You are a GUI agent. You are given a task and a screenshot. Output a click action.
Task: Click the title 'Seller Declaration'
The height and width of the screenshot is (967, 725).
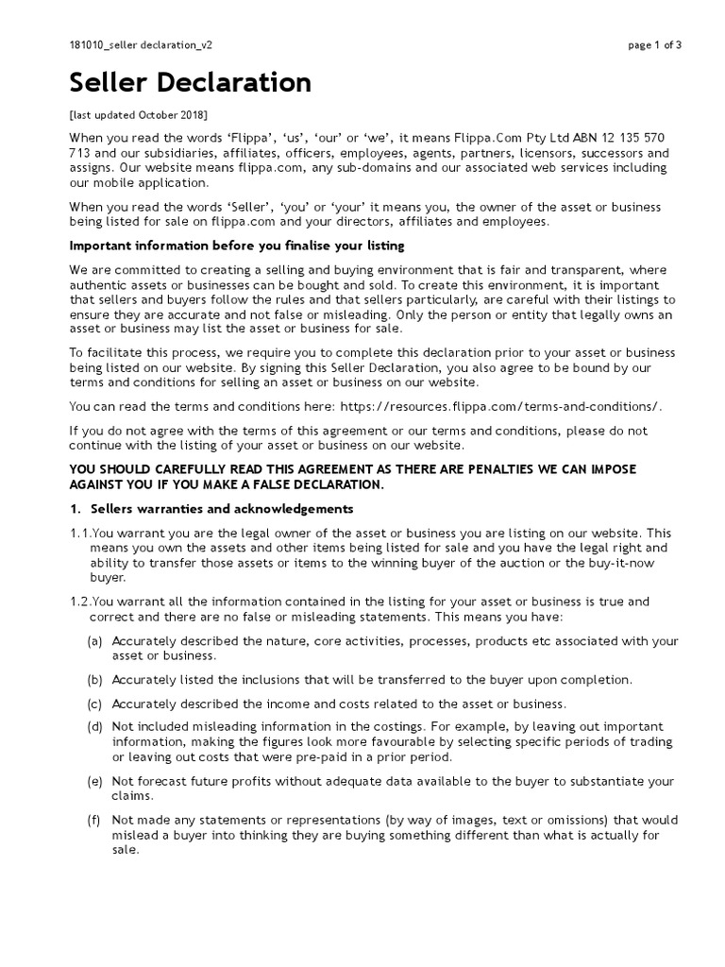click(x=190, y=83)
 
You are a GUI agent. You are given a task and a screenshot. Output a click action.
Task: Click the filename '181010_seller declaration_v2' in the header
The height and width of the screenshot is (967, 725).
click(x=147, y=44)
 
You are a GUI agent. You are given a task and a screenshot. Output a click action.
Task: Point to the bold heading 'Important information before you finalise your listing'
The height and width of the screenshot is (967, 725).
click(x=237, y=246)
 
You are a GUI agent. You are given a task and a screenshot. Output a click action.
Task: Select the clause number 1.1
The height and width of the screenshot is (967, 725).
click(x=80, y=534)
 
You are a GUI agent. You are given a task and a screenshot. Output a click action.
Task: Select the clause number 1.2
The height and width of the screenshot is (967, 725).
click(x=80, y=602)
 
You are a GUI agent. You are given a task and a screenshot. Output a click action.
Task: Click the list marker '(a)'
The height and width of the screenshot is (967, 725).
click(x=94, y=641)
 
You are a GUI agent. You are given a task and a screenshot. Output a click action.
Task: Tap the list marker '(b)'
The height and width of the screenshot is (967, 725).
click(x=94, y=680)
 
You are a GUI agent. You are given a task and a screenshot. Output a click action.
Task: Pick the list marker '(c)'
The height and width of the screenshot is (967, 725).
click(x=94, y=704)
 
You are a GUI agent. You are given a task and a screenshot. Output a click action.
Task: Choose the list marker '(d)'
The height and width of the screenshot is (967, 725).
click(x=94, y=727)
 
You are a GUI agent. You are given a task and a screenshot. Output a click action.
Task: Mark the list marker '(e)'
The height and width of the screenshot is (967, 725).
click(x=94, y=781)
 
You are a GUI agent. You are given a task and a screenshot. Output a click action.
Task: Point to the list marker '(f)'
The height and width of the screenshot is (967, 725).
click(x=94, y=821)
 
